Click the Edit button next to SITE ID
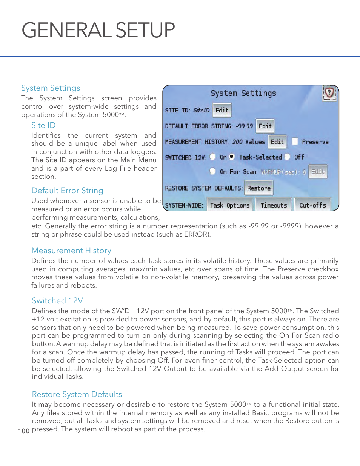pyautogui.click(x=222, y=110)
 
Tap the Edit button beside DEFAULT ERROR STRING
pyautogui.click(x=265, y=126)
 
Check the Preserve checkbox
pyautogui.click(x=295, y=141)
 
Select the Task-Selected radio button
pyautogui.click(x=232, y=157)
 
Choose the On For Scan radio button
pyautogui.click(x=213, y=171)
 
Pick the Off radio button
pyautogui.click(x=288, y=157)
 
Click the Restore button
pyautogui.click(x=259, y=188)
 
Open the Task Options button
pyautogui.click(x=230, y=205)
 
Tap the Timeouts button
pyautogui.click(x=274, y=205)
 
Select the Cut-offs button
pyautogui.click(x=312, y=205)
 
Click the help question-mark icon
pyautogui.click(x=329, y=92)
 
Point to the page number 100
pyautogui.click(x=24, y=431)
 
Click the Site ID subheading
pyautogui.click(x=43, y=125)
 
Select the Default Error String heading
pyautogui.click(x=67, y=191)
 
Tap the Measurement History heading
pyautogui.click(x=71, y=251)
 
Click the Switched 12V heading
pyautogui.click(x=57, y=301)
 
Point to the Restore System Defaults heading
pyautogui.click(x=77, y=394)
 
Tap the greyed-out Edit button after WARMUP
pyautogui.click(x=318, y=172)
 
